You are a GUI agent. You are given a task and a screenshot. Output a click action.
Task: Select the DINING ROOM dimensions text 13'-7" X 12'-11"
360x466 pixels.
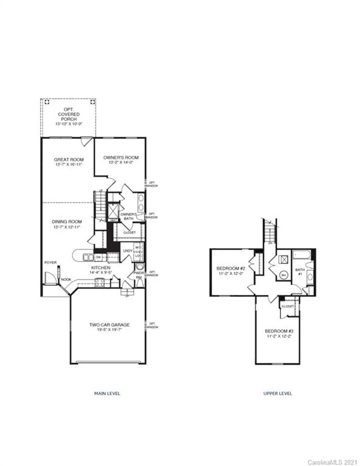coord(66,227)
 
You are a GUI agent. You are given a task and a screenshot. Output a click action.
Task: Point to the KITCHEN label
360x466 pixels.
coord(100,267)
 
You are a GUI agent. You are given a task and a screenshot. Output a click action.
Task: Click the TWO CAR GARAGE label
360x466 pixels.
coord(108,325)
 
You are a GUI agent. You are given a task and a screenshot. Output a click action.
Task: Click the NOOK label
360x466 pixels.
coord(65,280)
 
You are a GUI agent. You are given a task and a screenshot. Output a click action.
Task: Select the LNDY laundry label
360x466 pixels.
coord(127,251)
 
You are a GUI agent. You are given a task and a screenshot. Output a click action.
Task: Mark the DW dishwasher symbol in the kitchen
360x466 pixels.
coord(98,257)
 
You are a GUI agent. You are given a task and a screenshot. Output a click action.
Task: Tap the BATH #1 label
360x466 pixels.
coord(300,271)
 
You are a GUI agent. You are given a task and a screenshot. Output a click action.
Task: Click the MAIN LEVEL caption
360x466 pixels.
coord(107,393)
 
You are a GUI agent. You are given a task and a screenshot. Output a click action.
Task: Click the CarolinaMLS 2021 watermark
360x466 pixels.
coord(333,462)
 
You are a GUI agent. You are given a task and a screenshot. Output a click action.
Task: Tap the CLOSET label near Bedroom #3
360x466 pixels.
coord(287,306)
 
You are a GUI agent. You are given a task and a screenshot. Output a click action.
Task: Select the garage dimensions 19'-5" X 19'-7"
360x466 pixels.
coord(108,330)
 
